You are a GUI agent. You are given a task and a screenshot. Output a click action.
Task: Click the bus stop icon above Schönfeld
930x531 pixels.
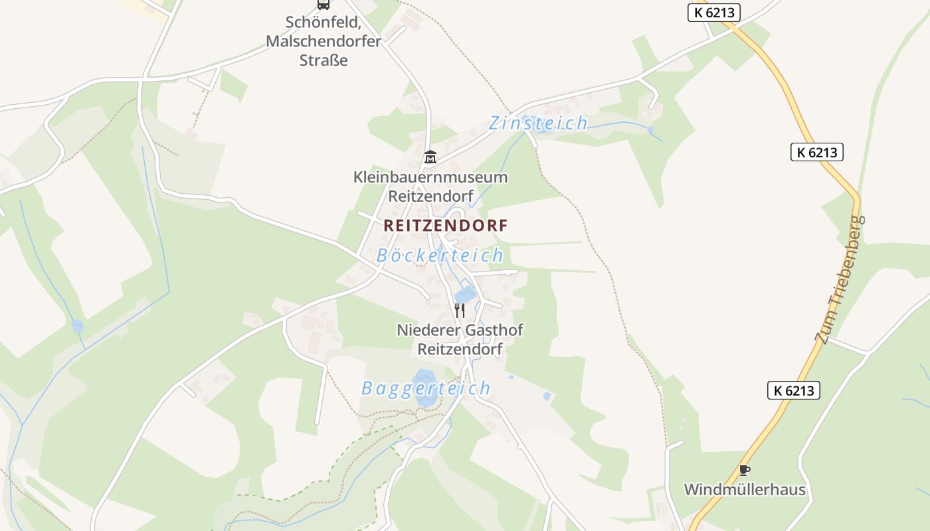tap(324, 4)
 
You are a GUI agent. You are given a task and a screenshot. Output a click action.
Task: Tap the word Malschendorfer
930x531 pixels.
tap(324, 41)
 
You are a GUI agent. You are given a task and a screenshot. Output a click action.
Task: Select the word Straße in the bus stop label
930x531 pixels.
tap(324, 60)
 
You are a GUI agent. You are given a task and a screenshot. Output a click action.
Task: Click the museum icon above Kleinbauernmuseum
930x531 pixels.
tap(430, 157)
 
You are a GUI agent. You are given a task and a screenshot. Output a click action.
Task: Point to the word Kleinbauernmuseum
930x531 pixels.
tap(430, 177)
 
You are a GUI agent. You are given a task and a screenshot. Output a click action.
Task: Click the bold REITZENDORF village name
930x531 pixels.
tap(445, 226)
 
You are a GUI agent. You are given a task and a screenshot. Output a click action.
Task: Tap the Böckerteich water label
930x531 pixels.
tap(440, 256)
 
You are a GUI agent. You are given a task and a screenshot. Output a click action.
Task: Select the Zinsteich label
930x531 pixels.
tap(538, 123)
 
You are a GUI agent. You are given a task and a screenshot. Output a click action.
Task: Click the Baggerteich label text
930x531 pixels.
tap(426, 388)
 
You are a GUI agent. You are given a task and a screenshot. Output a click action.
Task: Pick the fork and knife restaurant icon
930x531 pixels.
tap(459, 309)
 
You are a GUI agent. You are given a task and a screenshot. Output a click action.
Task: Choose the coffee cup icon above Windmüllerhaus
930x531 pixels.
tap(745, 471)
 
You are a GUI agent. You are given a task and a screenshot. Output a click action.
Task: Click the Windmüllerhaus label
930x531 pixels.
tap(745, 491)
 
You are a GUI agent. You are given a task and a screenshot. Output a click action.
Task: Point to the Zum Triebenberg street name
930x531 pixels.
tap(841, 279)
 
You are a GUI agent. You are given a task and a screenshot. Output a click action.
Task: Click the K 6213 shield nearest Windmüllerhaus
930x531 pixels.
tap(794, 390)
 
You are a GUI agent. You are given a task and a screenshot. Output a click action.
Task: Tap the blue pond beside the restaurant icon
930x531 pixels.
tap(466, 293)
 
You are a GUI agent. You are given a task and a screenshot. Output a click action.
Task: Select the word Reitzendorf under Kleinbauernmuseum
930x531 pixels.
tap(430, 196)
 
